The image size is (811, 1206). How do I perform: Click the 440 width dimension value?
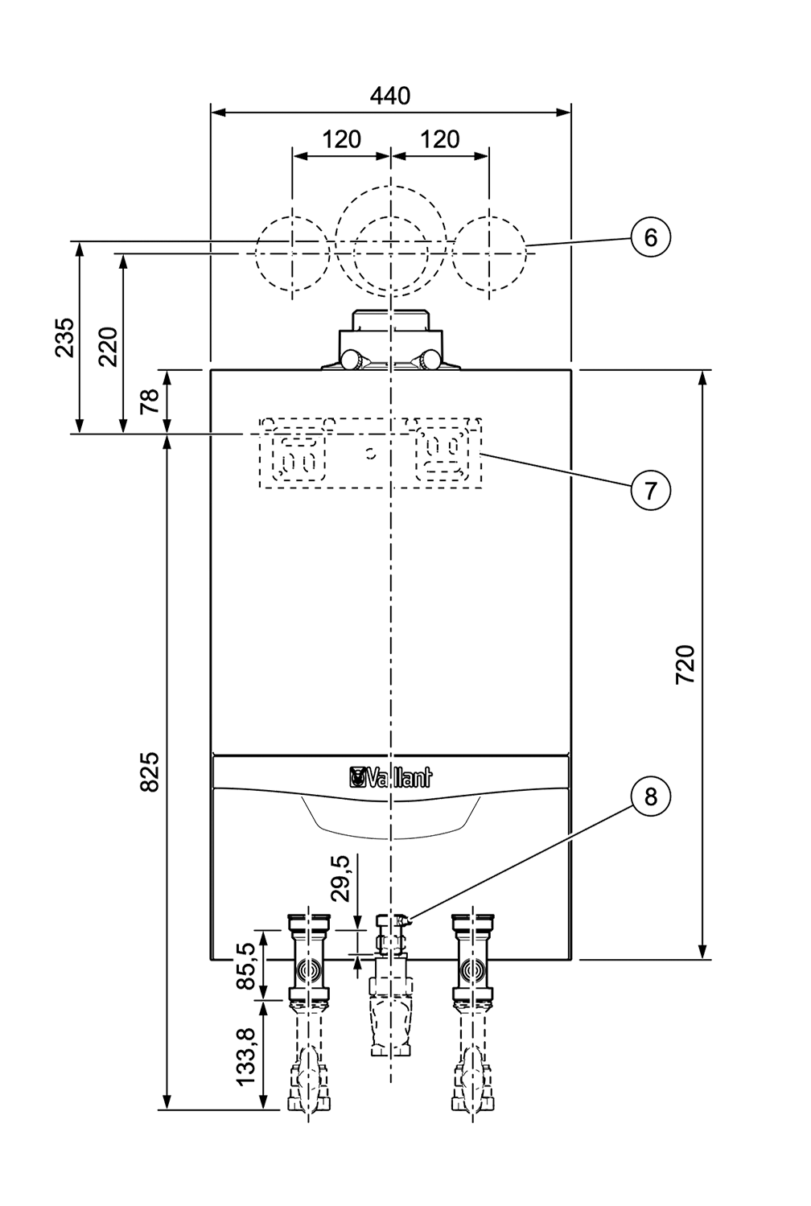click(390, 96)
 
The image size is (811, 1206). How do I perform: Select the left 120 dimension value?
click(341, 139)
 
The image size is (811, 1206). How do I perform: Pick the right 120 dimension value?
click(440, 139)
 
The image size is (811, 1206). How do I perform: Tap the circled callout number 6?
click(651, 237)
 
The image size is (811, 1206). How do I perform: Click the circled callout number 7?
click(651, 491)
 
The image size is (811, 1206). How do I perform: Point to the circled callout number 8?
click(651, 796)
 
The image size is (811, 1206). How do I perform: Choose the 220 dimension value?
click(109, 347)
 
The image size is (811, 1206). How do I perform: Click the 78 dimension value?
click(150, 401)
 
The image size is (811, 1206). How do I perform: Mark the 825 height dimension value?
click(150, 772)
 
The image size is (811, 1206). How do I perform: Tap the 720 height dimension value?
click(685, 665)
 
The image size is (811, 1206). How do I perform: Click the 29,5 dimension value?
click(340, 878)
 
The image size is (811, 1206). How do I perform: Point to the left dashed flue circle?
click(292, 253)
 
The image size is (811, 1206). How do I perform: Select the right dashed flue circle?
click(489, 253)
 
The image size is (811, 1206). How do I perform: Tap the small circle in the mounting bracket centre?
click(370, 454)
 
